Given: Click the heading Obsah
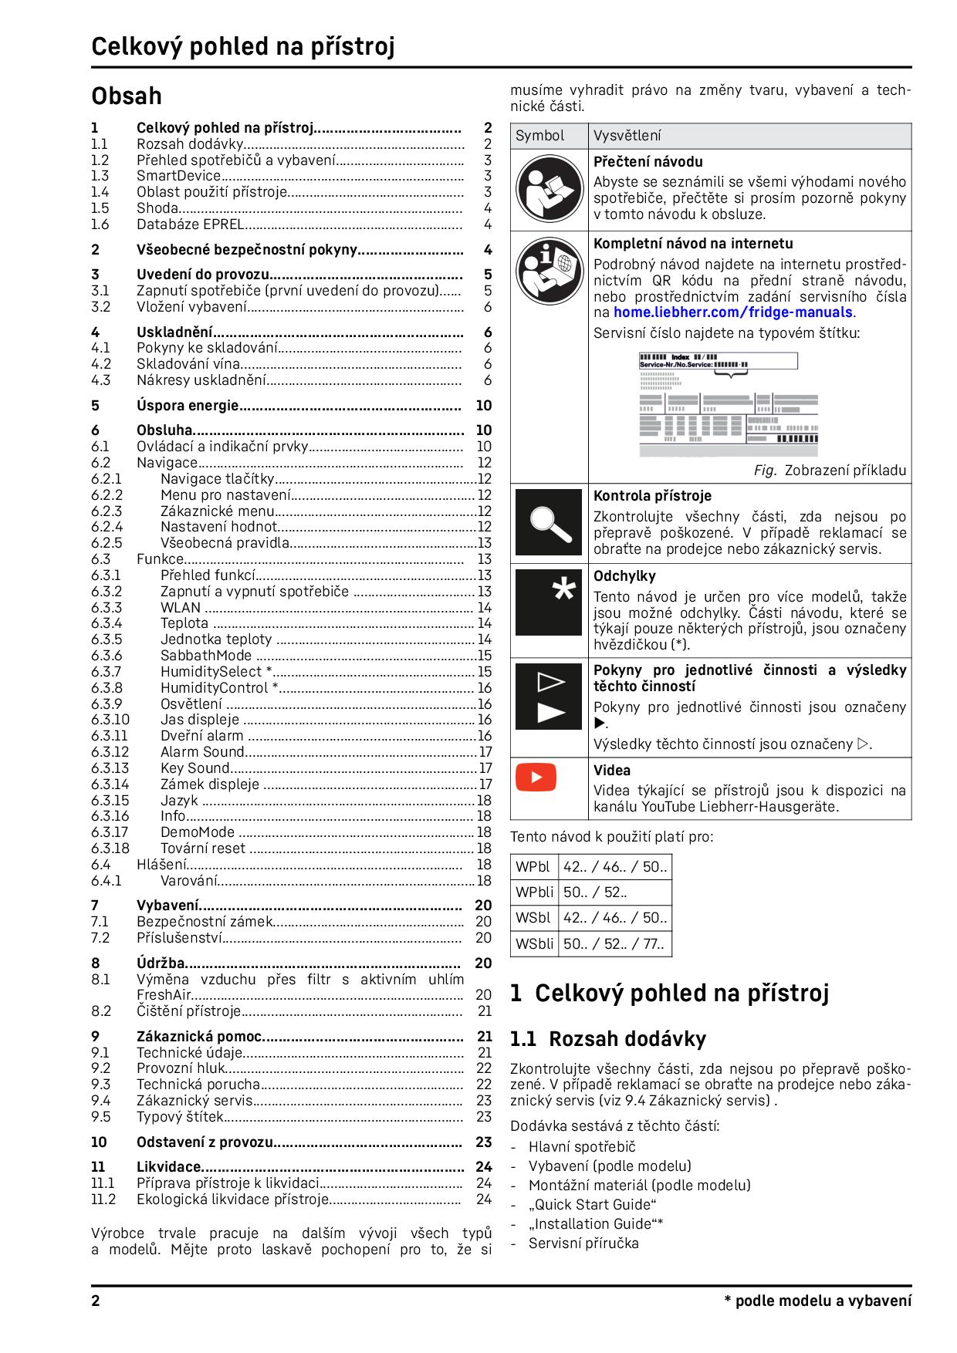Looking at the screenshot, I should click(x=127, y=96).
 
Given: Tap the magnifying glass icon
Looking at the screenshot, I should click(x=549, y=521).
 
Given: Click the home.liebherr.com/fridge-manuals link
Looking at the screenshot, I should click(x=733, y=312).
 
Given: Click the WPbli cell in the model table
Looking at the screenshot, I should click(x=533, y=892).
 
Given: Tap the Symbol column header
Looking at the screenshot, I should click(x=540, y=136).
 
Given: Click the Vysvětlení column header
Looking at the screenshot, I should click(x=627, y=136).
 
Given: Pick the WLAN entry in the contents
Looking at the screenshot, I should click(x=181, y=607).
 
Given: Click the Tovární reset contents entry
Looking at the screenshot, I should click(x=203, y=849).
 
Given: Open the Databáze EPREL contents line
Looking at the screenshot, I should click(x=191, y=224).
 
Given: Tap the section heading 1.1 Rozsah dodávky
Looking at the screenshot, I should click(x=608, y=1039).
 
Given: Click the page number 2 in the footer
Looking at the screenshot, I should click(x=96, y=1301).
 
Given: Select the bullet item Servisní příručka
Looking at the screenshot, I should click(x=583, y=1243).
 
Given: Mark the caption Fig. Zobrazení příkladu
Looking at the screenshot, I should click(x=830, y=471).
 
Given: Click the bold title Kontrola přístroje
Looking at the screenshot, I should click(x=652, y=496).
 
